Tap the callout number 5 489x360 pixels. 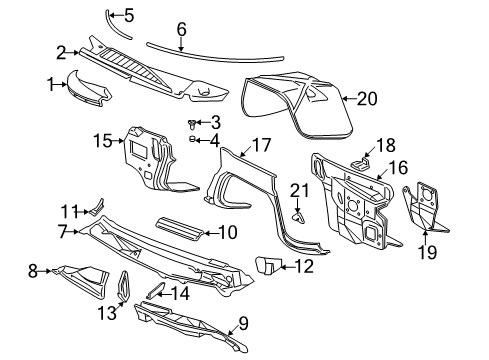coord(129,15)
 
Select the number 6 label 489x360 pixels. coord(181,31)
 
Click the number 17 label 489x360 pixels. coord(260,145)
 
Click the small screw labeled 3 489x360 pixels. coord(191,123)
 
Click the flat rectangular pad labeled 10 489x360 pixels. coord(181,233)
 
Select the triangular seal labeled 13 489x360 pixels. coord(123,284)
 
